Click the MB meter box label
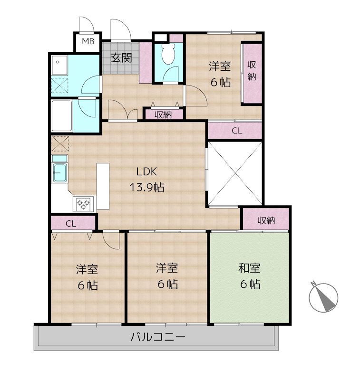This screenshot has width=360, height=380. [x=88, y=41]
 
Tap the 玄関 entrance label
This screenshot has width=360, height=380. [x=121, y=58]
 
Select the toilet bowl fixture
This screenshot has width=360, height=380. [x=168, y=54]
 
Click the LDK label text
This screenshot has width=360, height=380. [x=147, y=171]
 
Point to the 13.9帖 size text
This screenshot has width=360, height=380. [x=147, y=187]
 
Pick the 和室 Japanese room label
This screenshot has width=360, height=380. [x=249, y=268]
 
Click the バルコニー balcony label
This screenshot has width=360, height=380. [x=158, y=337]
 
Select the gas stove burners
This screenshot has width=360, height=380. [x=83, y=203]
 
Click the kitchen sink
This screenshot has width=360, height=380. [x=59, y=172]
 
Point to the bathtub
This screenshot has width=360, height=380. [x=62, y=116]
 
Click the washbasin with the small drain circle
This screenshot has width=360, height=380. [x=59, y=65]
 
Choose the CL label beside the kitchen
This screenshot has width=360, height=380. [x=71, y=223]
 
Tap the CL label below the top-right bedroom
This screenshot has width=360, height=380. [x=237, y=131]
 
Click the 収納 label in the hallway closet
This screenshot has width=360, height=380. [x=163, y=114]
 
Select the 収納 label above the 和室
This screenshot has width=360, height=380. [x=266, y=220]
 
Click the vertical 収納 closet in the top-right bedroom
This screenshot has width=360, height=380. [x=253, y=73]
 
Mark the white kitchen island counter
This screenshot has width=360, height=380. [x=103, y=186]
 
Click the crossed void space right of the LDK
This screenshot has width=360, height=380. [x=235, y=173]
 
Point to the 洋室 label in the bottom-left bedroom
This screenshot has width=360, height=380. [x=87, y=269]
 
